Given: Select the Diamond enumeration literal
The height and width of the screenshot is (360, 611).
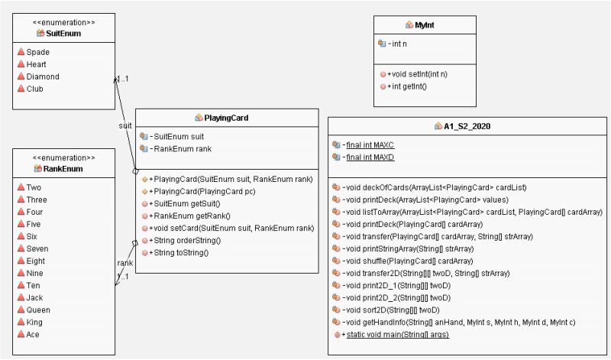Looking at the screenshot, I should (43, 76).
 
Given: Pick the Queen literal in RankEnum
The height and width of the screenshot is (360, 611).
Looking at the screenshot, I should (38, 310).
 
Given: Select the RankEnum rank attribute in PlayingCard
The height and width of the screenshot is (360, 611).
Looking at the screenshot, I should (183, 148).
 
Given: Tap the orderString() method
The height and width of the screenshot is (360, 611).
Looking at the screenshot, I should (187, 240).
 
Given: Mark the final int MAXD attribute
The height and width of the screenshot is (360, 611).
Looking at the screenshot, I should (369, 157).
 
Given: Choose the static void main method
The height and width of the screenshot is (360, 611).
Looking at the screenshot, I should (397, 334).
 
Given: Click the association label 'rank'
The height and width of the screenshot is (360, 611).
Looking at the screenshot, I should (124, 263).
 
